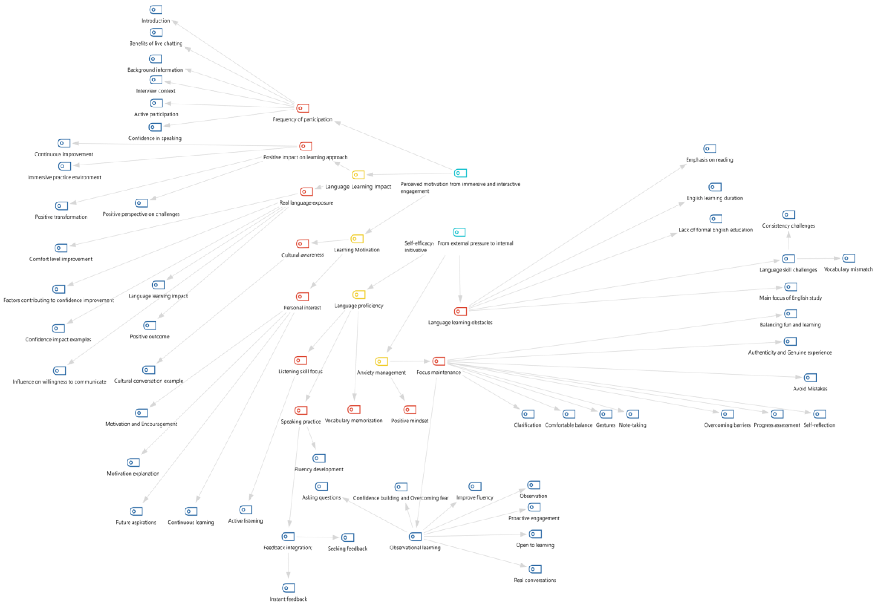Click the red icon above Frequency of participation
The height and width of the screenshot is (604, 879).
(302, 108)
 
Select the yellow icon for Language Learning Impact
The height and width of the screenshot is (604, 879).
(358, 174)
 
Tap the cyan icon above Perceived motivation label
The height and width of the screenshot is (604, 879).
(460, 173)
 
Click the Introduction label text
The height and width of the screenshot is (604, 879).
(155, 21)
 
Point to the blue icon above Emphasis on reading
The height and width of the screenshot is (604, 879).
(709, 149)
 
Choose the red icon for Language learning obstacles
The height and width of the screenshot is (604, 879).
(460, 312)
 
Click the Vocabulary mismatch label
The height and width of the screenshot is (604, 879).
(848, 269)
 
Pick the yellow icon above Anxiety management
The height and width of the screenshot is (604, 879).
(381, 362)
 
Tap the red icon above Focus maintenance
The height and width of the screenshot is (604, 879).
(439, 361)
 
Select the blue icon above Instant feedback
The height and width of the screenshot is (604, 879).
(288, 588)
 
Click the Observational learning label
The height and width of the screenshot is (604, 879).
(415, 548)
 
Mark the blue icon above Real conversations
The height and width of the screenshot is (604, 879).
(535, 569)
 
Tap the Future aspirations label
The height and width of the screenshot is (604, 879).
(136, 522)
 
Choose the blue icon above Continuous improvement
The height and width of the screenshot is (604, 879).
(64, 143)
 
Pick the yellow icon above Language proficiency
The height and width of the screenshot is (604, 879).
(359, 294)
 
